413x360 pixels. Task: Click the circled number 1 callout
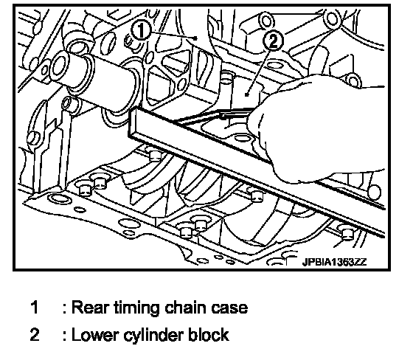point(141,30)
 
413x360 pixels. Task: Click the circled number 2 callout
point(273,41)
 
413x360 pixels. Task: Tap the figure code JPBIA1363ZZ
point(334,262)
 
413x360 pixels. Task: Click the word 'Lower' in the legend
point(94,335)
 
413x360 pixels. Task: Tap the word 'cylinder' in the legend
point(154,336)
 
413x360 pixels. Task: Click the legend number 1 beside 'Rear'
point(35,308)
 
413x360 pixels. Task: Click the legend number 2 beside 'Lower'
point(35,335)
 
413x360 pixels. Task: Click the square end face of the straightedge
point(133,122)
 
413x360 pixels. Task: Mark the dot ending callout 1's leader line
point(195,38)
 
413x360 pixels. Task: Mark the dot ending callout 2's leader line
point(246,94)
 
